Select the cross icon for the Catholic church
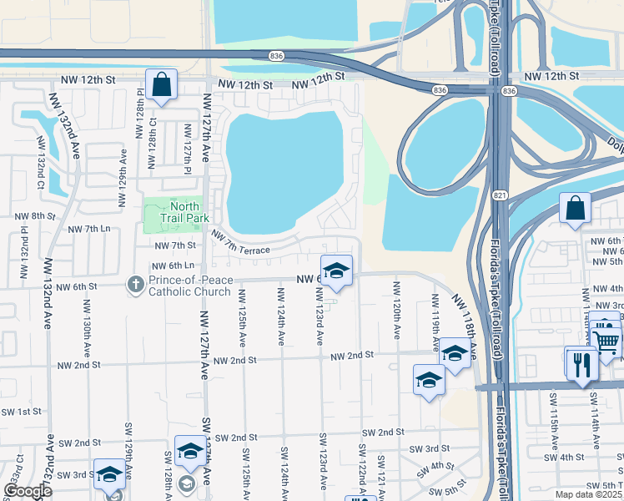(x=135, y=285)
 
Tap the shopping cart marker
(x=606, y=340)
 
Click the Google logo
(x=27, y=492)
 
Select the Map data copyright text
(x=589, y=493)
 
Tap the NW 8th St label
(x=35, y=215)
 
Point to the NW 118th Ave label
(x=464, y=317)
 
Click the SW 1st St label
(x=21, y=412)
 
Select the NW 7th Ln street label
(x=89, y=228)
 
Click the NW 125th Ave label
(x=242, y=317)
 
